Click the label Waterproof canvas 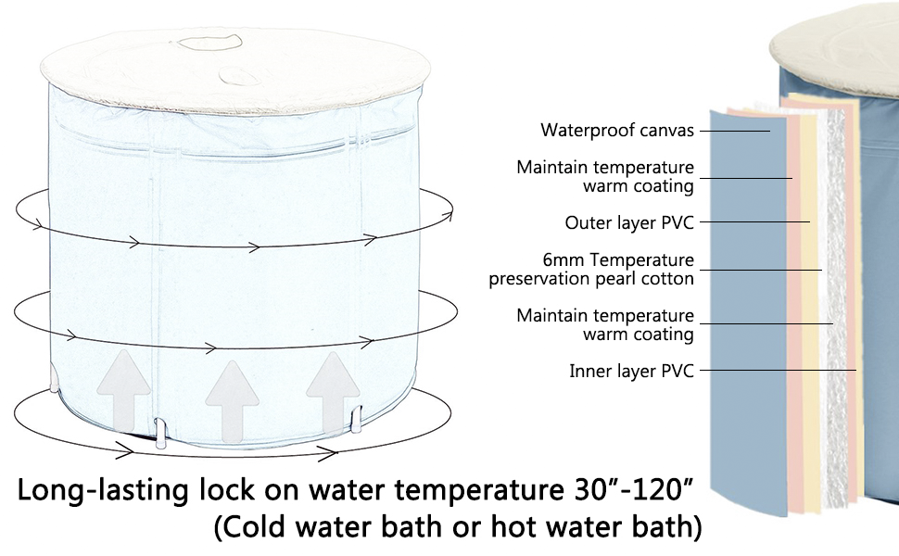pos(617,131)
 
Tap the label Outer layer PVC pos(629,222)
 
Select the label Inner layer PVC pos(631,372)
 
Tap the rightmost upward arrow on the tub pos(333,391)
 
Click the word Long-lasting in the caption pos(102,490)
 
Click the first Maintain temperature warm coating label pos(604,176)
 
